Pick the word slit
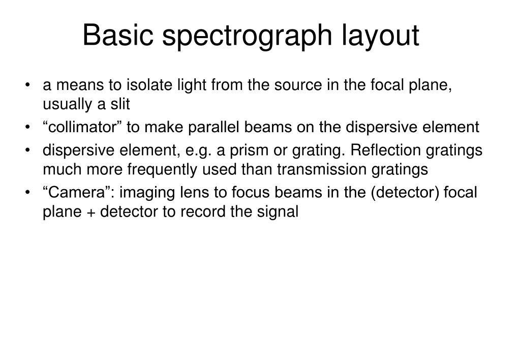click(x=120, y=104)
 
